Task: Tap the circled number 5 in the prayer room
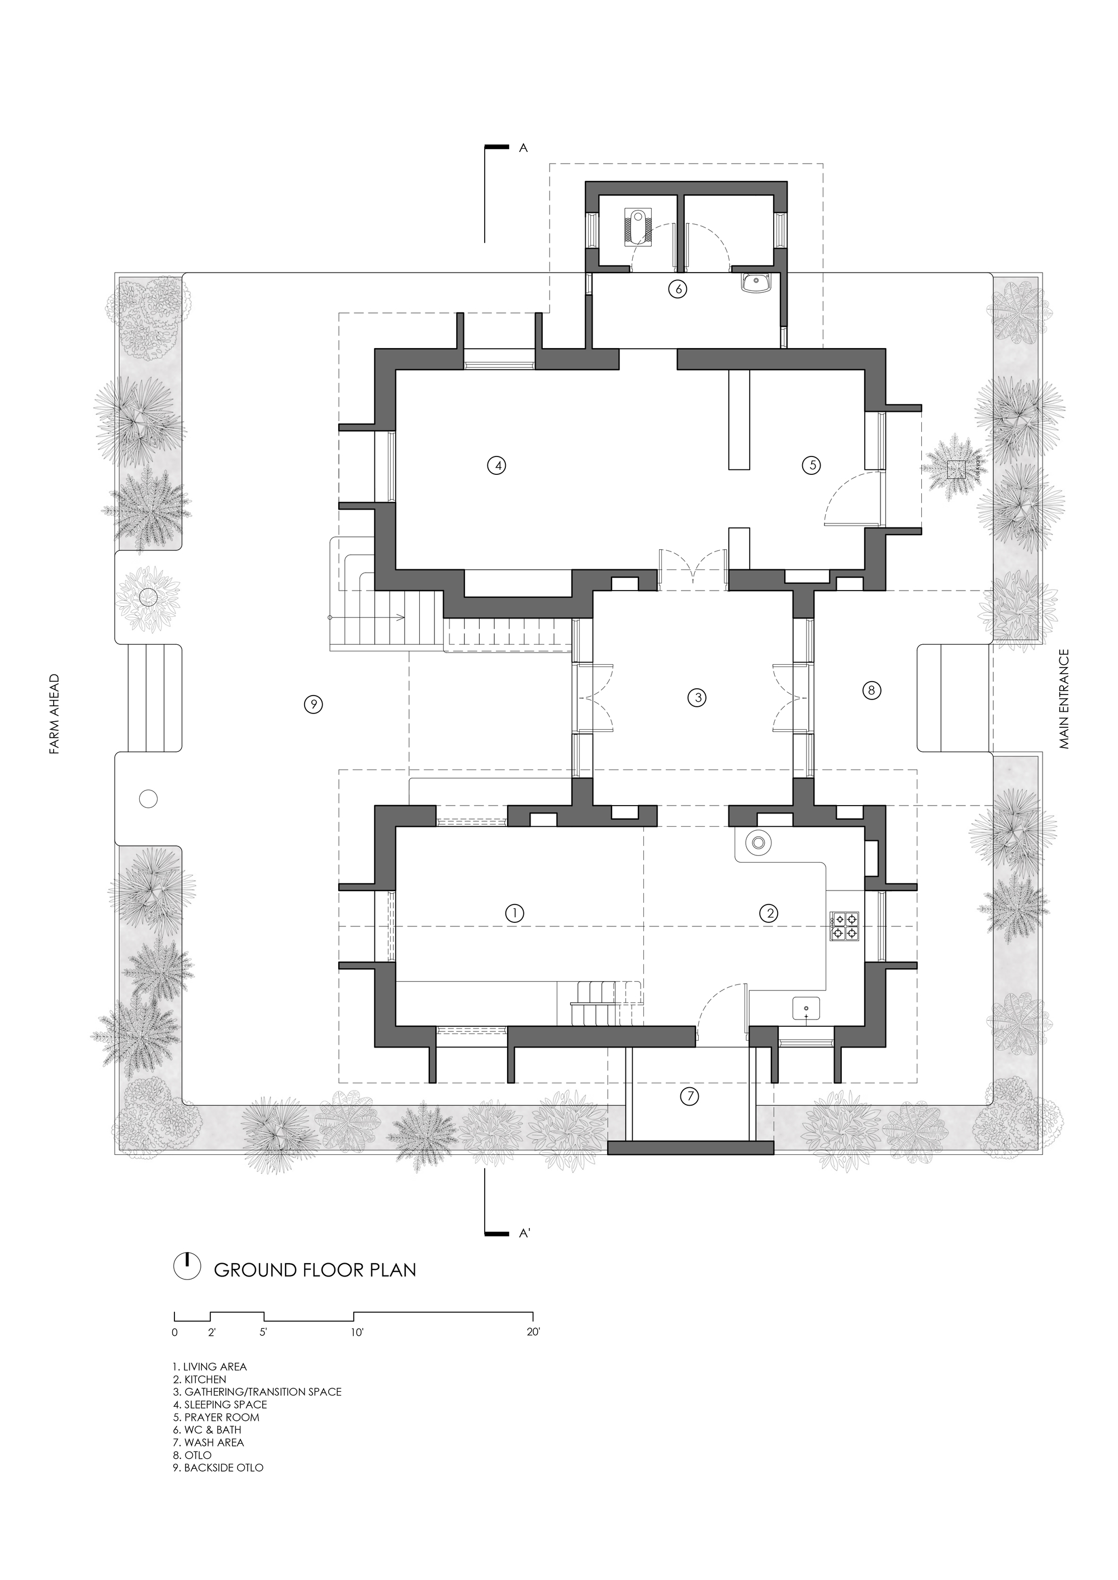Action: tap(812, 465)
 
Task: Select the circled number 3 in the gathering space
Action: tap(697, 697)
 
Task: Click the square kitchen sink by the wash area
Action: tap(806, 1009)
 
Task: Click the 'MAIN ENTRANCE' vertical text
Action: tap(1065, 698)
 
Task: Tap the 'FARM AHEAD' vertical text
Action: tap(54, 715)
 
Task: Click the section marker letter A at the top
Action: tap(523, 148)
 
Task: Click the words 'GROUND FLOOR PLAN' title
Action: tap(315, 1269)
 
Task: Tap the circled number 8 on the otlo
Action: tap(871, 690)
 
